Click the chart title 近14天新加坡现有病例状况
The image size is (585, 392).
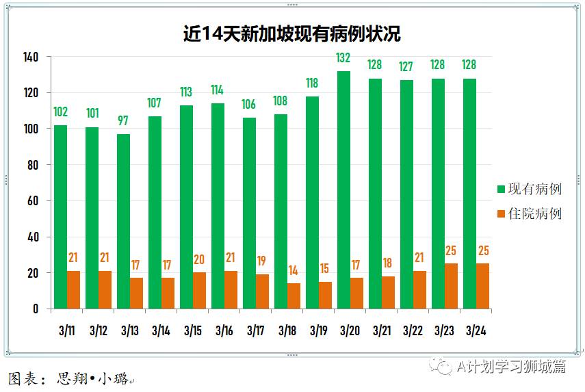(291, 34)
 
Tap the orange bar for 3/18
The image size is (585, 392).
(294, 296)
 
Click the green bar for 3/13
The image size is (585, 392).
(123, 222)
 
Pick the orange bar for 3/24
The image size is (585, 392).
(483, 286)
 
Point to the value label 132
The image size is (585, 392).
(343, 58)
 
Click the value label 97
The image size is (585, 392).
(123, 121)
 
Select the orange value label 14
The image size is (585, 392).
(294, 270)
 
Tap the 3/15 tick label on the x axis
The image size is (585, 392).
(193, 331)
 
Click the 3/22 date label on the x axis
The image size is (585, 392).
(413, 331)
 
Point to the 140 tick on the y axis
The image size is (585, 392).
(29, 57)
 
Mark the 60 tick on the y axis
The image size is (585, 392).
(32, 201)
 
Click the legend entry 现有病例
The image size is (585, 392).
(534, 189)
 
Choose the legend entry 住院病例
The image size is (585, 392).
(534, 213)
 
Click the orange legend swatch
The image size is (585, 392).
(501, 213)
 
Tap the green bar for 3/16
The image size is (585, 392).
(218, 206)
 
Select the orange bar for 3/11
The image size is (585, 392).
(73, 289)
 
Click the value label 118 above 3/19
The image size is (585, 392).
(312, 83)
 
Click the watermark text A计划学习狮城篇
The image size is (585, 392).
(511, 367)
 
